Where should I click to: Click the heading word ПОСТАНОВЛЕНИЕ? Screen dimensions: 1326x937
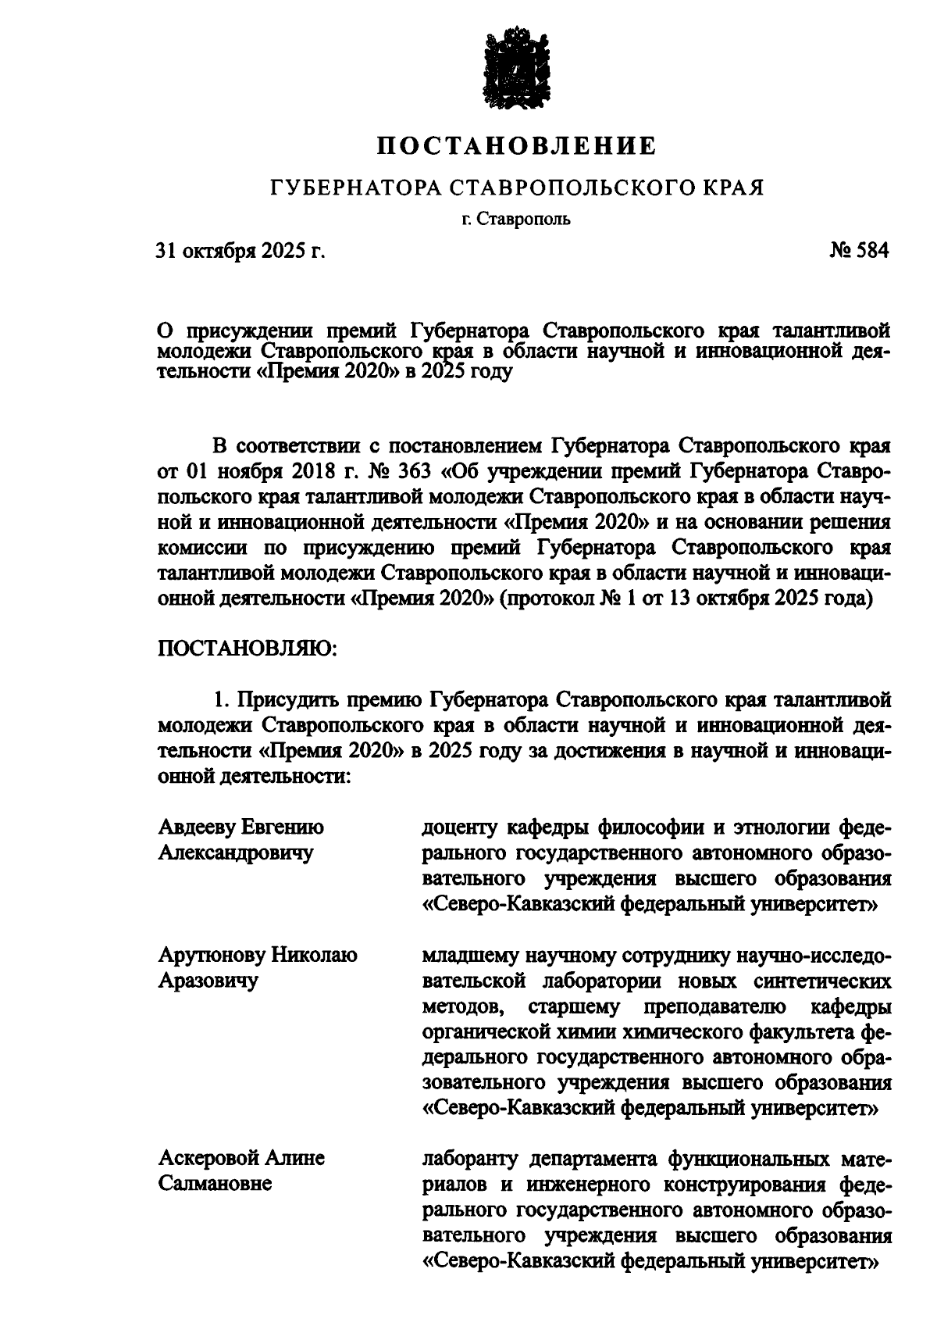[x=516, y=146]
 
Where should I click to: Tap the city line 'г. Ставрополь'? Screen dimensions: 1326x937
[x=515, y=219]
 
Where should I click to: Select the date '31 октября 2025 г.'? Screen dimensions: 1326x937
[x=240, y=251]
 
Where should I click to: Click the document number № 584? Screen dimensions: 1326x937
[x=857, y=251]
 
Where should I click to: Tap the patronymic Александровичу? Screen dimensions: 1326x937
[x=235, y=852]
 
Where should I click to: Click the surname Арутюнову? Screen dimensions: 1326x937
[x=213, y=955]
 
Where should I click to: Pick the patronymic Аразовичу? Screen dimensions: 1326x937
[x=208, y=980]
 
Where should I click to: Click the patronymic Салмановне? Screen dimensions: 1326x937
[x=216, y=1183]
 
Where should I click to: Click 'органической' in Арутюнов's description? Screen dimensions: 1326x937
[x=481, y=1031]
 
